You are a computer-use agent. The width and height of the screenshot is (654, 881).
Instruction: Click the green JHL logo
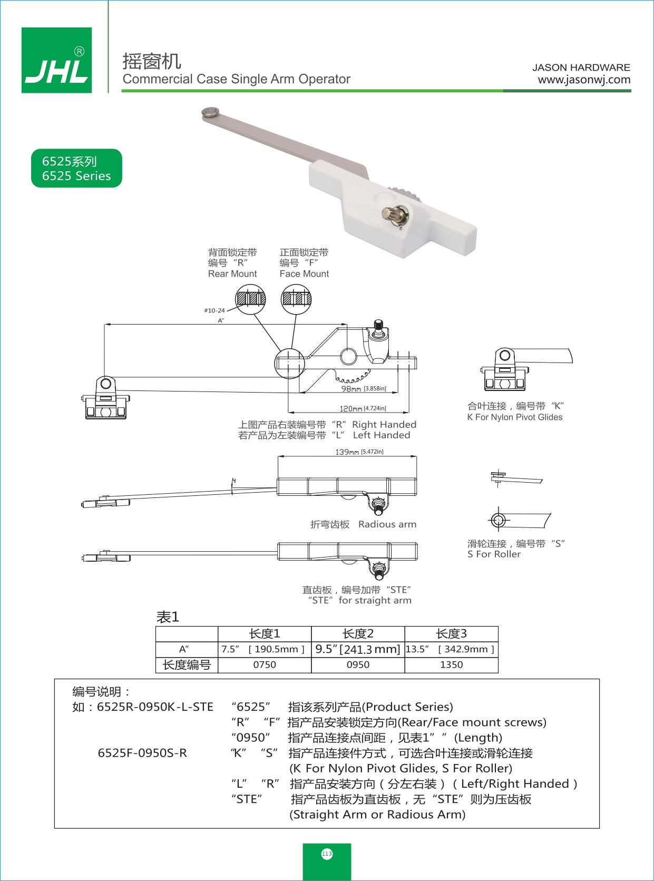coord(56,61)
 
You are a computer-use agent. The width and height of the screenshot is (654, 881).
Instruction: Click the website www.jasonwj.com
coord(584,80)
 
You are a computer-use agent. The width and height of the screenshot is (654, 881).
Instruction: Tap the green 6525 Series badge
coord(76,169)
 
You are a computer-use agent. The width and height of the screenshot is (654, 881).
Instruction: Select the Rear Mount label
coord(232,274)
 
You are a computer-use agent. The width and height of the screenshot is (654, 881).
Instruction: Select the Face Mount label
coord(304,274)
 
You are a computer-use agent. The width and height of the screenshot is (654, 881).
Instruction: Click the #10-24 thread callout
coord(214,310)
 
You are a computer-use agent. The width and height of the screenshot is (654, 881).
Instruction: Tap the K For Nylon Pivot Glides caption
coord(514,417)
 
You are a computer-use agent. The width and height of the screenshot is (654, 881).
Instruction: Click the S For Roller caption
coord(494,554)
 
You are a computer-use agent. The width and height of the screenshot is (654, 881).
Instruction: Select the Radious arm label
coord(387,524)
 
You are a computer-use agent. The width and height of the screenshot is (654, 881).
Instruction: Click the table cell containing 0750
coord(265,665)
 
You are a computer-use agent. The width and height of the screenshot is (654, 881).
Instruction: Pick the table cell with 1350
coord(451,665)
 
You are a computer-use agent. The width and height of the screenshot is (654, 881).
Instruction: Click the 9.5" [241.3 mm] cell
coord(358,649)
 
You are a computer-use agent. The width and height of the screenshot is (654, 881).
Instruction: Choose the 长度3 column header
coord(451,633)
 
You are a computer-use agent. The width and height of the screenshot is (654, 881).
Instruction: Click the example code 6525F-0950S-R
coord(142,753)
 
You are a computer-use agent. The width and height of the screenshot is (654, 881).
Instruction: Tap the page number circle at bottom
coord(327,854)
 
